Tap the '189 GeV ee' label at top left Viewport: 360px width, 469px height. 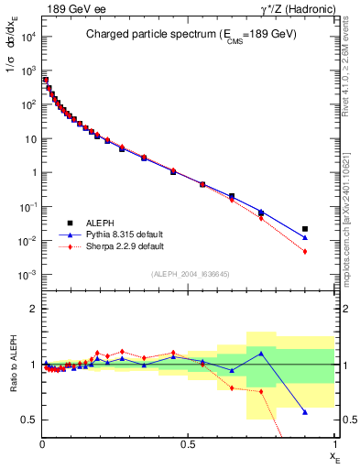click(x=69, y=8)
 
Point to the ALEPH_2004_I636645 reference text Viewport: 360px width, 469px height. click(x=189, y=275)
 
